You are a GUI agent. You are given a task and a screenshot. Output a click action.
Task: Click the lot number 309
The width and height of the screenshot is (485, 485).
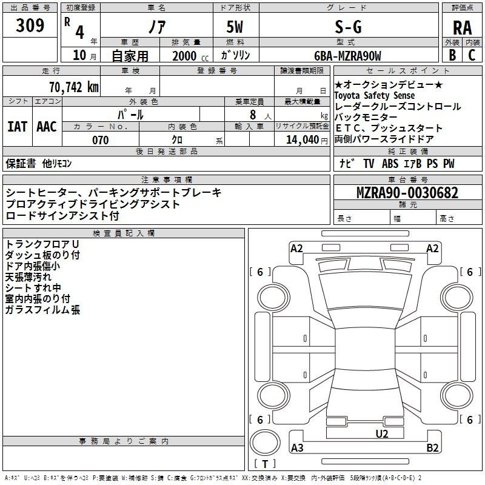pyautogui.click(x=30, y=25)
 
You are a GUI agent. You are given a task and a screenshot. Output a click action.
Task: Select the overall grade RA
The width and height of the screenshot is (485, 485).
pyautogui.click(x=463, y=28)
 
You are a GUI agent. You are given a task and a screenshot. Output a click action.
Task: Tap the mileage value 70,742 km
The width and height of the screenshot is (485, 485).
pyautogui.click(x=74, y=87)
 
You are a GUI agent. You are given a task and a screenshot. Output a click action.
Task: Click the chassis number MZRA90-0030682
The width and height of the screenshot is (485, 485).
pyautogui.click(x=407, y=193)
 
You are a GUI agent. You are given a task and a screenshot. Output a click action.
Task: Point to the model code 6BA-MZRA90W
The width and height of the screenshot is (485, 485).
pyautogui.click(x=347, y=56)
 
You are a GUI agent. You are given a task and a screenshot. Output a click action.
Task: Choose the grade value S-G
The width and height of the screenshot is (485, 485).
pyautogui.click(x=348, y=27)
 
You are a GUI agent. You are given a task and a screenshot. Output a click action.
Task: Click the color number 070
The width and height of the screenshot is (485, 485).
pyautogui.click(x=101, y=140)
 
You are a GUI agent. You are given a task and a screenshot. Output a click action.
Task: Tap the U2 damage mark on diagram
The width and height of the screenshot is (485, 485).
pyautogui.click(x=382, y=434)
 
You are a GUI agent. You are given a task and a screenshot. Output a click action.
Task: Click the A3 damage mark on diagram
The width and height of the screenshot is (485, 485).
pyautogui.click(x=297, y=447)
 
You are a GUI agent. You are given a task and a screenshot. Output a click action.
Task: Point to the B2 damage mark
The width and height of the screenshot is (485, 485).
pyautogui.click(x=432, y=447)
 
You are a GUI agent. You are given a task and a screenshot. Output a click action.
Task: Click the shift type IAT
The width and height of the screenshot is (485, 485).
pyautogui.click(x=18, y=127)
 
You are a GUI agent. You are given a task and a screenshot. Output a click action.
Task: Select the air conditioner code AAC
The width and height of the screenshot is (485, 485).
pyautogui.click(x=47, y=127)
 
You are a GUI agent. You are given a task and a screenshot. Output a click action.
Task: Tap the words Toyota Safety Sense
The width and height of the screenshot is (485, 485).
pyautogui.click(x=375, y=95)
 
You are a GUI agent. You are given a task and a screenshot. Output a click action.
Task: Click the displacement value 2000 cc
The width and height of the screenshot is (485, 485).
pyautogui.click(x=190, y=56)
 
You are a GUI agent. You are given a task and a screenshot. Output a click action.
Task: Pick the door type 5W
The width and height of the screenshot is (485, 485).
pyautogui.click(x=235, y=27)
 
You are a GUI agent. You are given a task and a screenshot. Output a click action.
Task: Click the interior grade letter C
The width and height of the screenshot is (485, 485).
pyautogui.click(x=472, y=55)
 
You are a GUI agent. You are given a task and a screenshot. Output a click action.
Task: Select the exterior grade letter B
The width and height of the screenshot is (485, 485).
pyautogui.click(x=452, y=55)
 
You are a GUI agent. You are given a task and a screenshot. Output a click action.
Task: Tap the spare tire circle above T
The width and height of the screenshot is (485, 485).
pyautogui.click(x=265, y=443)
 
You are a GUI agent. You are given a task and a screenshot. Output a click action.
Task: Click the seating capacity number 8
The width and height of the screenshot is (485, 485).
pyautogui.click(x=253, y=115)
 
